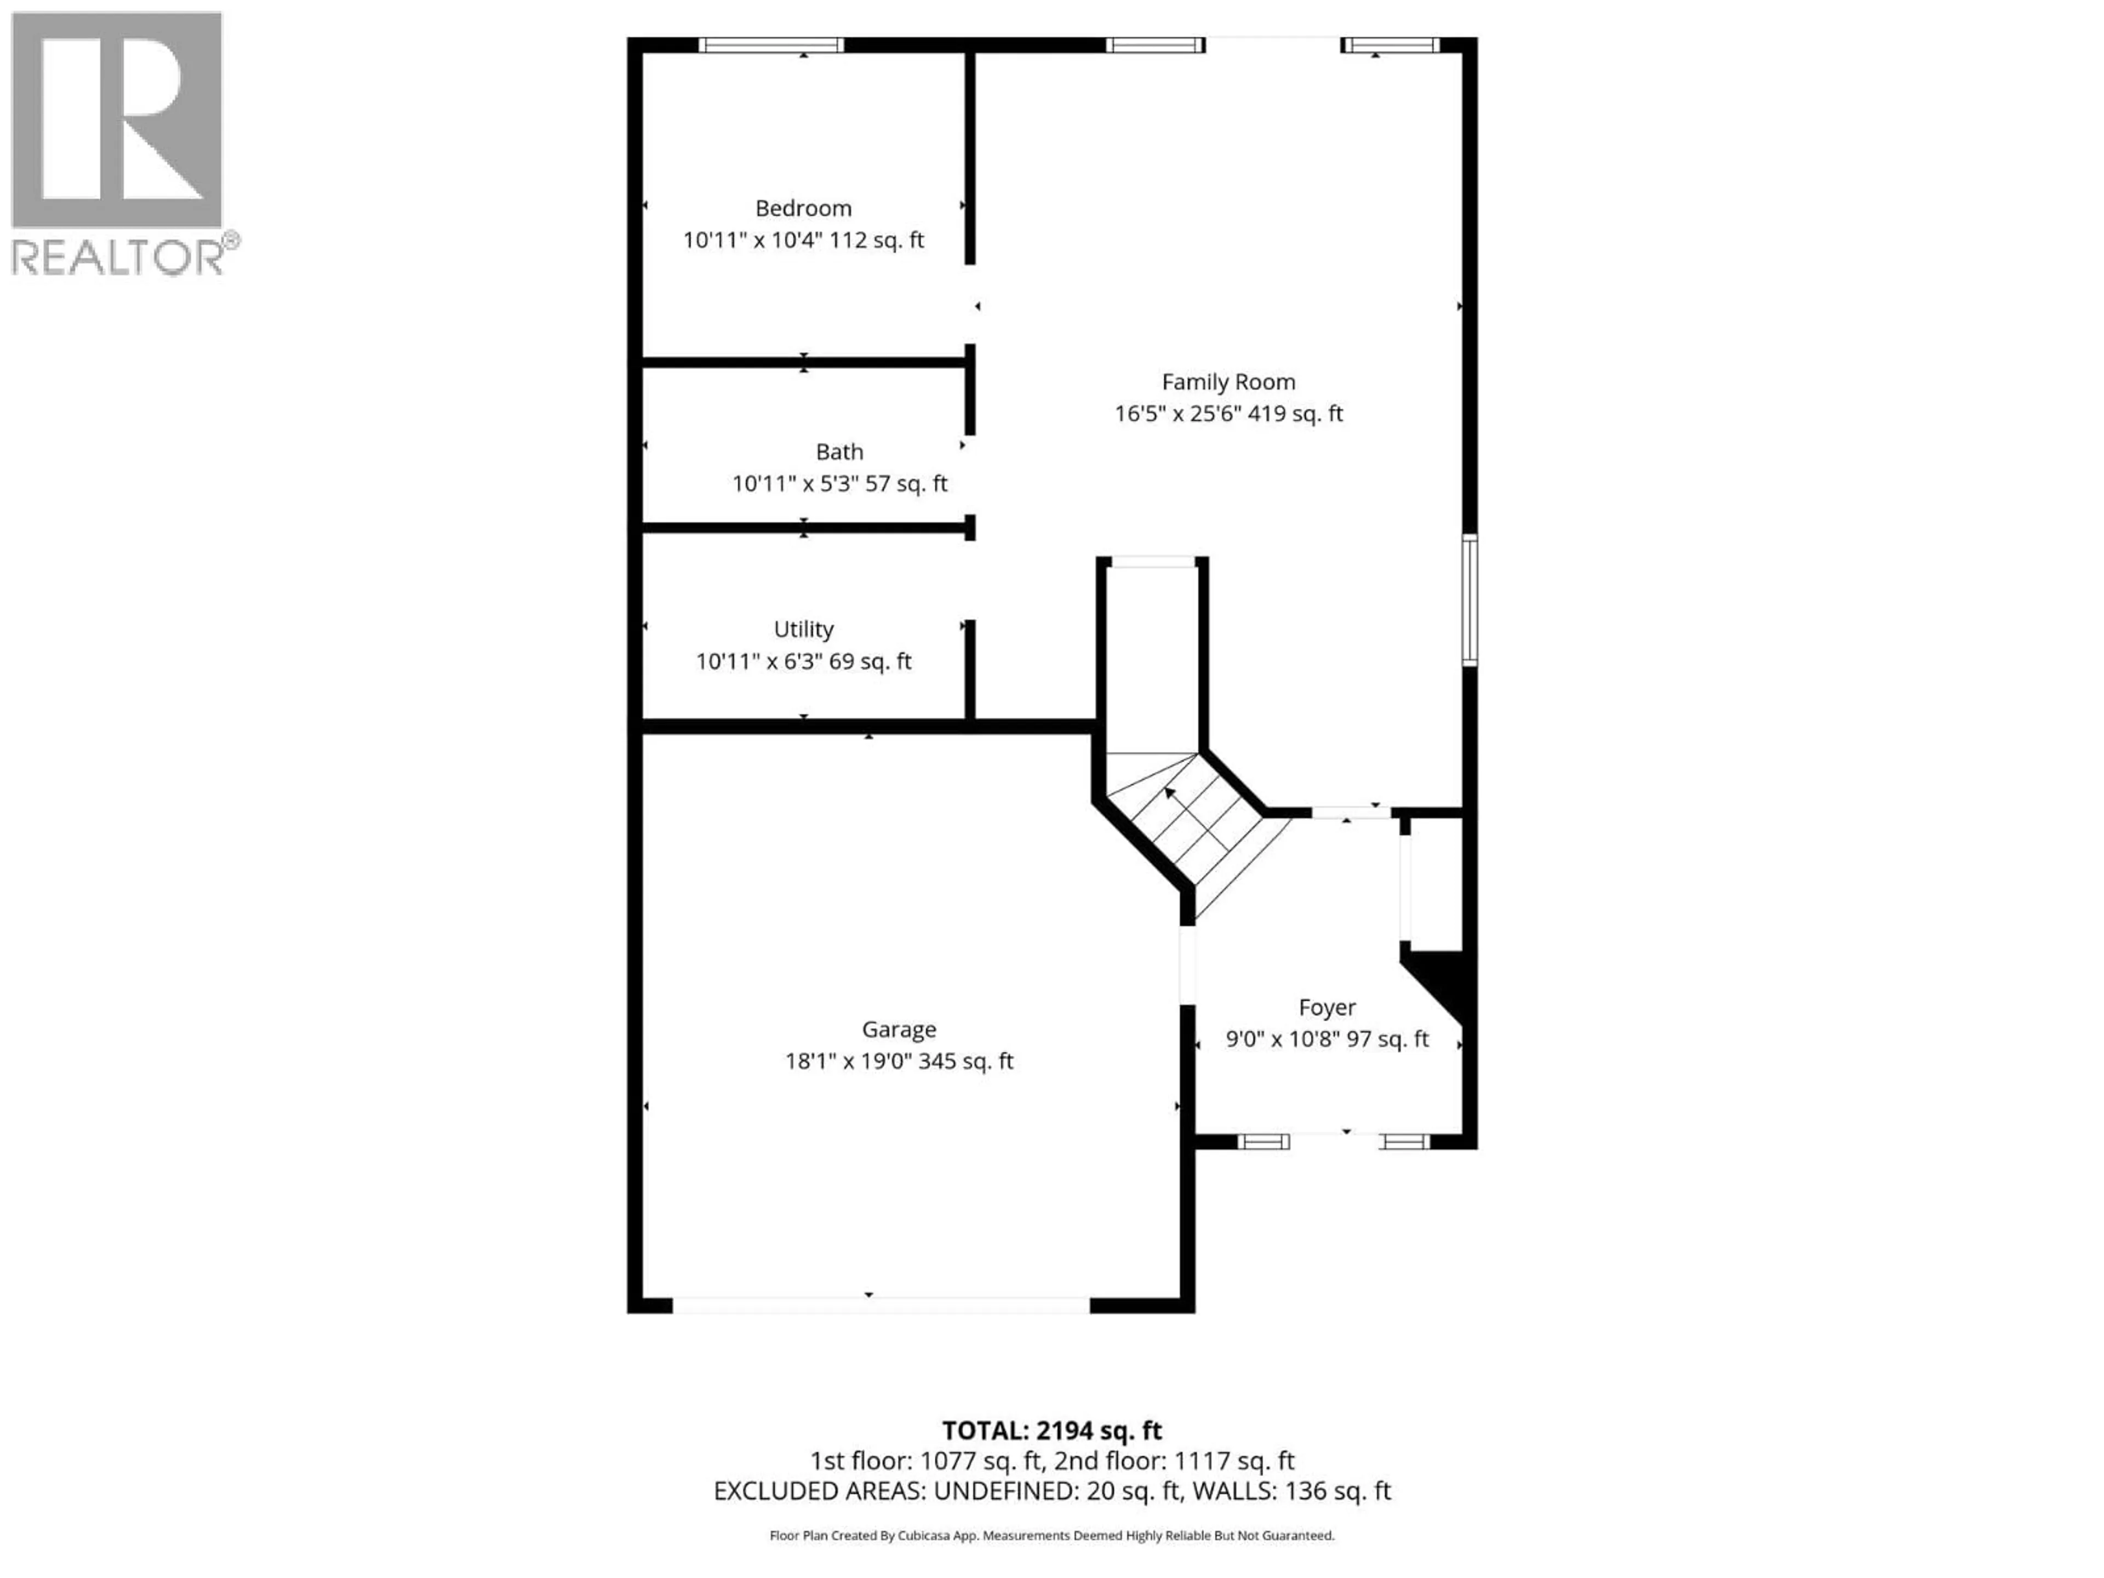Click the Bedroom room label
803,208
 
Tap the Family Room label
1228,381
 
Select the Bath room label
839,452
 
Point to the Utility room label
803,628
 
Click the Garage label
899,1029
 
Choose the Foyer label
1327,1007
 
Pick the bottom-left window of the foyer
1263,1141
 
